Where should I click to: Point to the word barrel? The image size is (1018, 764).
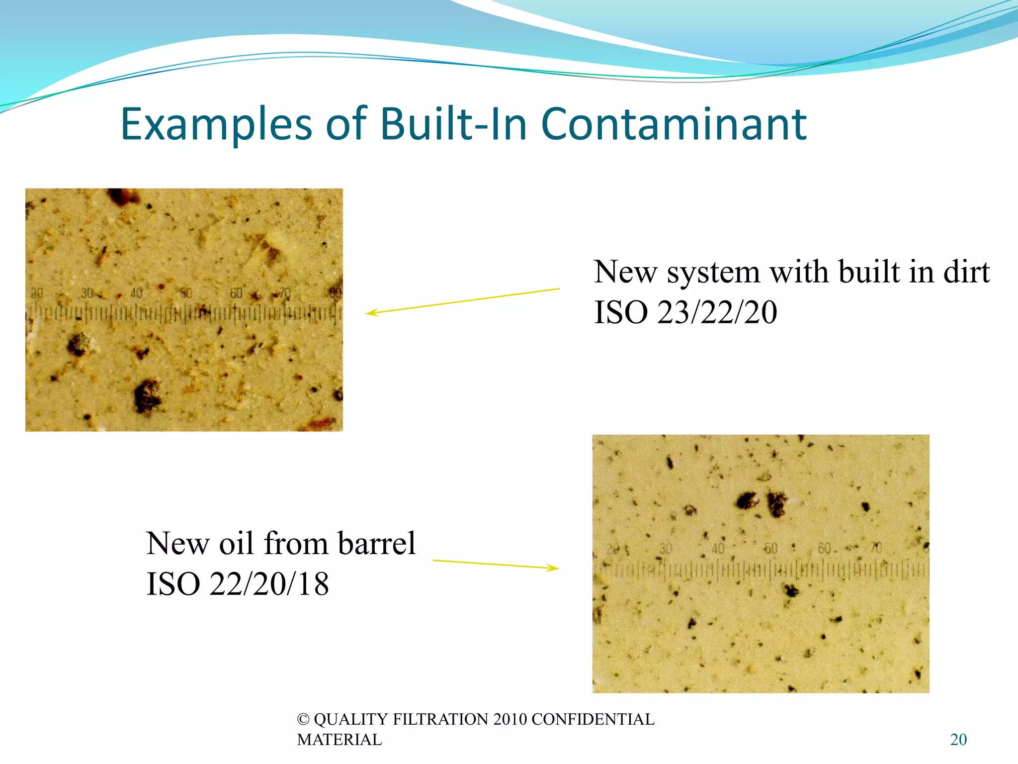tap(376, 543)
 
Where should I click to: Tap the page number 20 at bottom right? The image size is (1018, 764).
tap(958, 740)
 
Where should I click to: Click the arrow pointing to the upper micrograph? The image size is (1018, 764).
tap(462, 300)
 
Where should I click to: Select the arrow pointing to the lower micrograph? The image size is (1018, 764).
tap(496, 564)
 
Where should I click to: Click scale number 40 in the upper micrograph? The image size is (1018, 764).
tap(136, 293)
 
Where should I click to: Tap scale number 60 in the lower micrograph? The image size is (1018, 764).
tap(824, 548)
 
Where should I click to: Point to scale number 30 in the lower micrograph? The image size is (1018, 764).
tap(666, 549)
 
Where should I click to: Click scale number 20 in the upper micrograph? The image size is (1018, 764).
tap(37, 293)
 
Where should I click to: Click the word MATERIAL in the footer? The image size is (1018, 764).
tap(339, 740)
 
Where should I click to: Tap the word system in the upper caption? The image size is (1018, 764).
tap(713, 273)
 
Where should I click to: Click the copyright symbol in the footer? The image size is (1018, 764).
tap(303, 719)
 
